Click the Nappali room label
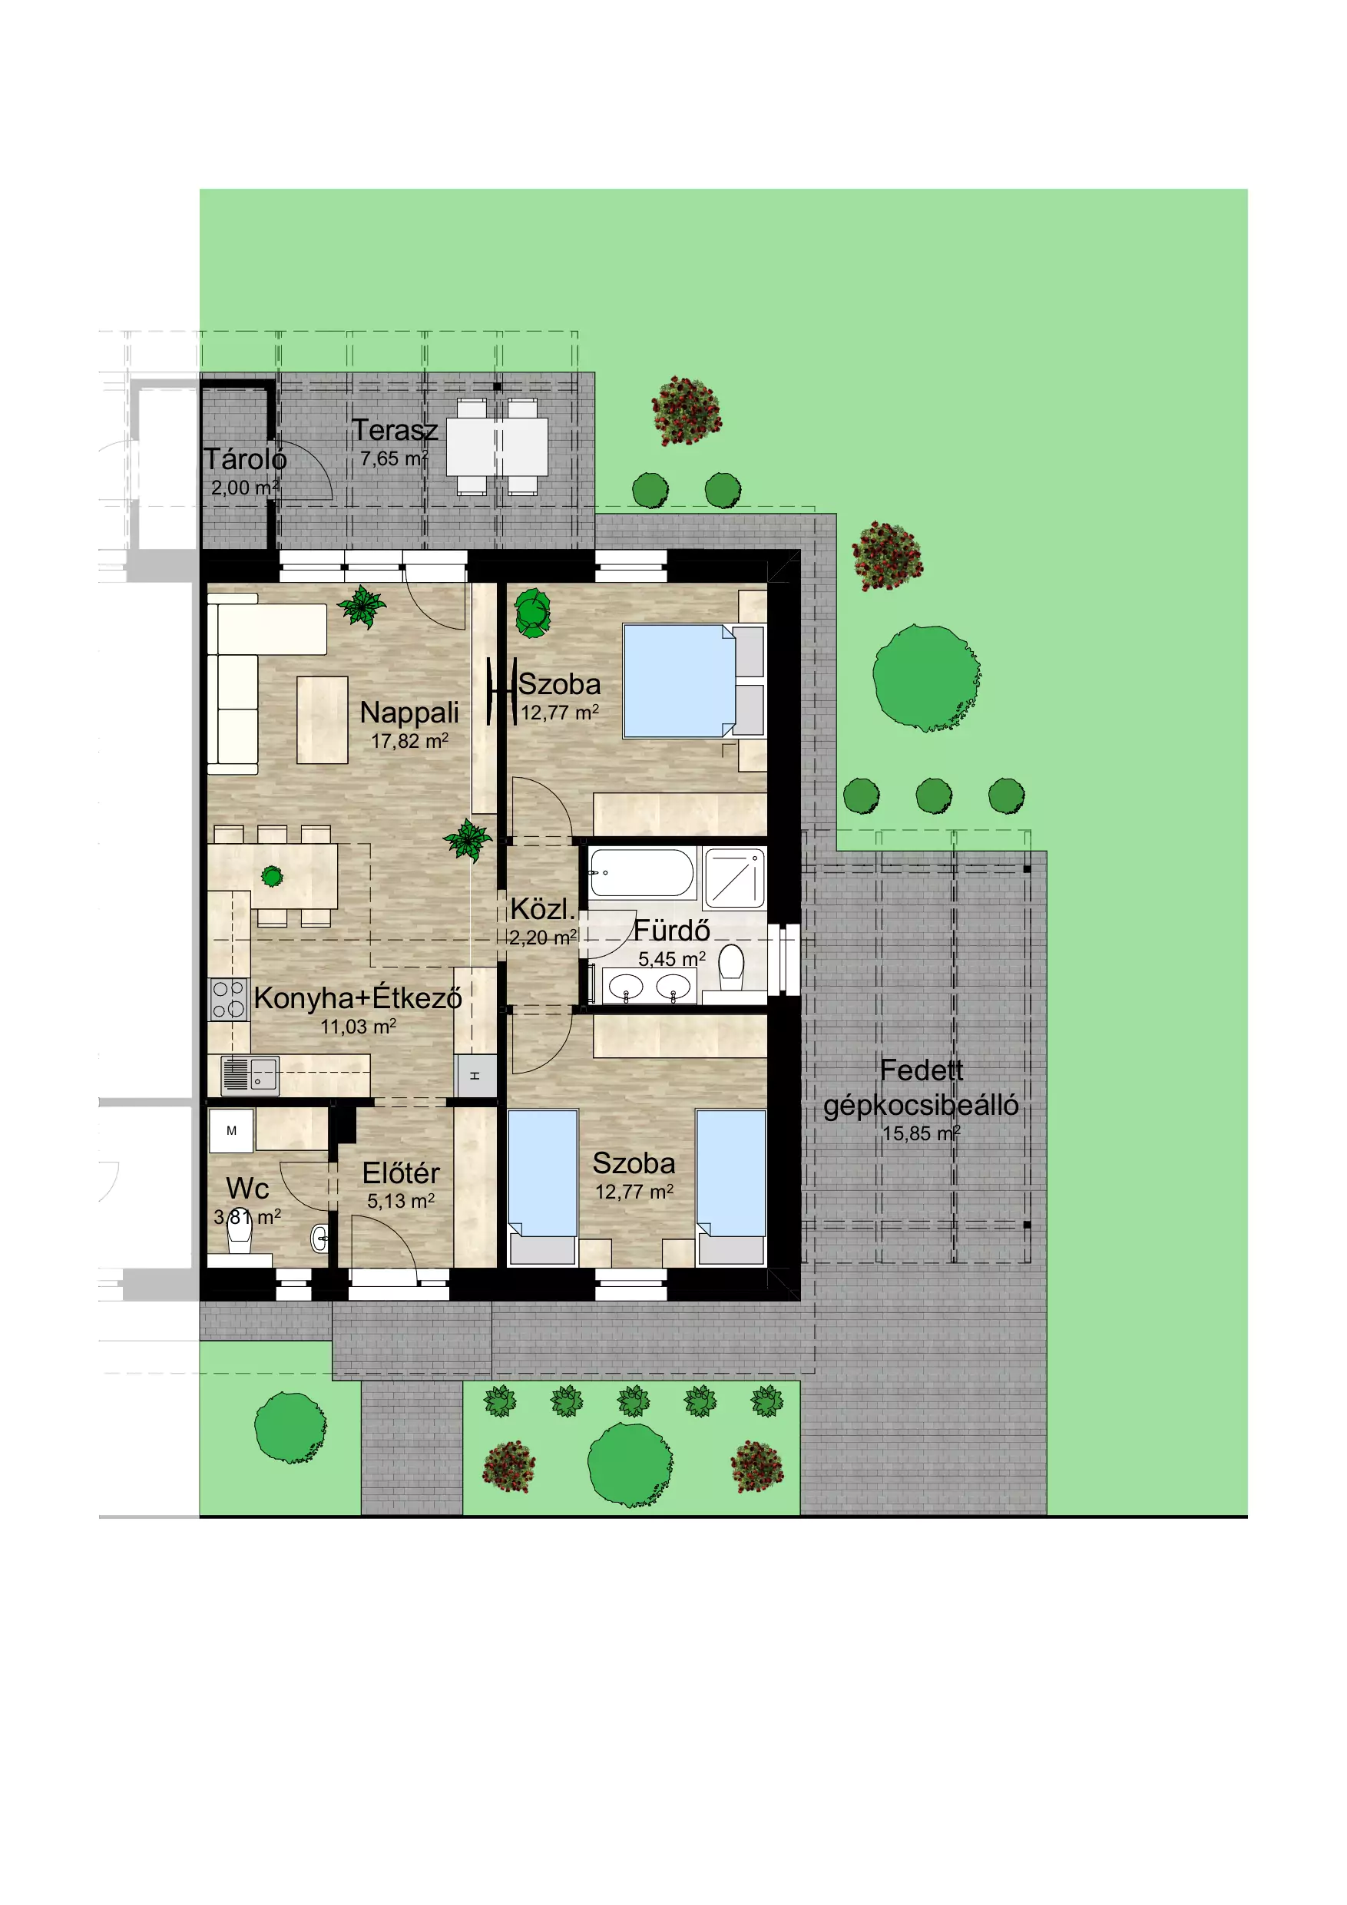click(x=409, y=713)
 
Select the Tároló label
click(x=245, y=459)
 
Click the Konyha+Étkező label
click(x=358, y=997)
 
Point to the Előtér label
click(x=401, y=1173)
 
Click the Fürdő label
click(x=671, y=930)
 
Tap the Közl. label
click(x=542, y=909)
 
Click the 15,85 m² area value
click(x=922, y=1133)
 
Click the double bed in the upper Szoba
click(x=693, y=680)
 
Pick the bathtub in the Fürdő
click(x=642, y=872)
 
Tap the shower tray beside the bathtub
click(x=734, y=878)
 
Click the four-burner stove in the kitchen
click(x=228, y=999)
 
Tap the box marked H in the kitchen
click(x=476, y=1077)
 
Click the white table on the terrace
click(x=497, y=446)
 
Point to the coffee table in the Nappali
click(x=322, y=720)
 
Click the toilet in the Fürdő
click(x=731, y=967)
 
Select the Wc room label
click(x=247, y=1188)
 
